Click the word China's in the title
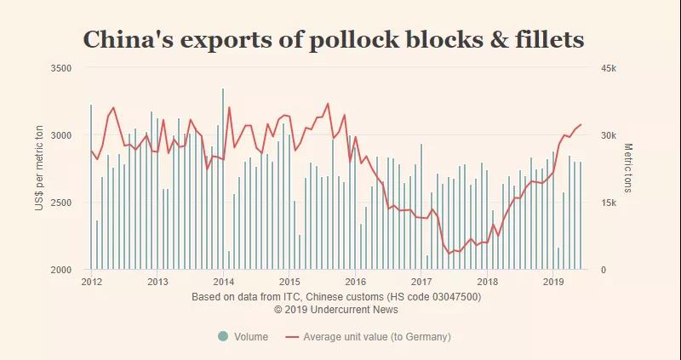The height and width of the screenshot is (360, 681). [127, 40]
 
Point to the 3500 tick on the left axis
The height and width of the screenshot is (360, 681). [60, 67]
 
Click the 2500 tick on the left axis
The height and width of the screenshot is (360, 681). [60, 203]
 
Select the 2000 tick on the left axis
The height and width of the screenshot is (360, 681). [60, 270]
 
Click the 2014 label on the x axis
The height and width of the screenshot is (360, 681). [223, 282]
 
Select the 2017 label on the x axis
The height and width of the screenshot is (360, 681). [421, 282]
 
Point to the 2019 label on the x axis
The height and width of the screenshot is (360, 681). [553, 282]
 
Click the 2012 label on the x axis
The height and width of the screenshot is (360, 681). [91, 282]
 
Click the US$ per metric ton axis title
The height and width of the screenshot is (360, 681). [39, 169]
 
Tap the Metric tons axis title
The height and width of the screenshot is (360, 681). [628, 168]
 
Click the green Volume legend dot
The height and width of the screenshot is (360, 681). [223, 337]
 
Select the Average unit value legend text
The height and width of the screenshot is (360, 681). [377, 337]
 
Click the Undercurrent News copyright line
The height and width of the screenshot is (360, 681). [337, 310]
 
